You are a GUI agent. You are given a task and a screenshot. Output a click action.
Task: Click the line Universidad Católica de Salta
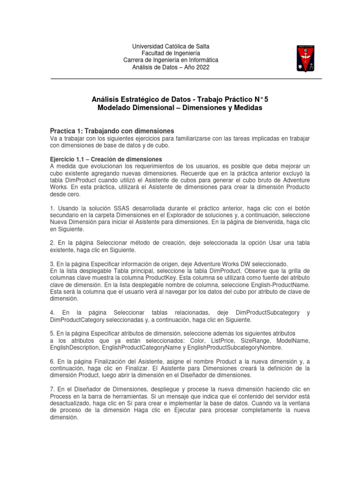coord(171,46)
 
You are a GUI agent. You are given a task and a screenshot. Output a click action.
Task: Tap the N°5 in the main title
coord(260,99)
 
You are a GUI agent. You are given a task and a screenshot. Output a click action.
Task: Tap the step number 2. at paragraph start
coord(52,242)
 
